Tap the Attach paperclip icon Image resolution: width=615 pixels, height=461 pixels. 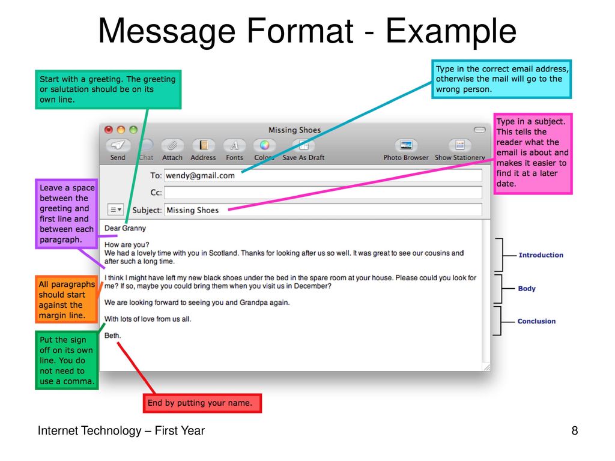pos(172,145)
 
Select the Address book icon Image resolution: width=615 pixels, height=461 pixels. pos(203,145)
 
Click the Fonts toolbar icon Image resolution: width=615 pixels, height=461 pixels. pos(234,145)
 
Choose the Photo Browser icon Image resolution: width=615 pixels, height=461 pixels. pos(406,145)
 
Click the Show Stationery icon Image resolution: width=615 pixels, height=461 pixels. pos(459,145)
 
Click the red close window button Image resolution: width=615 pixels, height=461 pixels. pos(109,130)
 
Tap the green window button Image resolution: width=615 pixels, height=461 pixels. pos(133,130)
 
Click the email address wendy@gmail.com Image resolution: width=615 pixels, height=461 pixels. pos(200,176)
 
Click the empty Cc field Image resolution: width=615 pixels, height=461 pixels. pos(323,193)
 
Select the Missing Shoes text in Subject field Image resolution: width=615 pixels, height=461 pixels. pos(192,210)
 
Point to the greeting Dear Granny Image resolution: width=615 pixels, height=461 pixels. pos(125,228)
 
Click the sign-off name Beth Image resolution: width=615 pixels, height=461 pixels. pos(112,336)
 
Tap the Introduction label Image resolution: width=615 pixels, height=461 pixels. pos(541,255)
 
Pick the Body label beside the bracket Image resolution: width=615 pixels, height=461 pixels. pos(527,289)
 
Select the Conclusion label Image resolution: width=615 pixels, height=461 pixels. pos(536,321)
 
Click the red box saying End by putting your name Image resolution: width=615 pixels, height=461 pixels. pos(202,403)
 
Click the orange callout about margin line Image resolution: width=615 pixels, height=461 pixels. pos(67,300)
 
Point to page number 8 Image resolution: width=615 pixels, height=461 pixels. pos(575,430)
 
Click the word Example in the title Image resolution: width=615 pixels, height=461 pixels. pos(450,32)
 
